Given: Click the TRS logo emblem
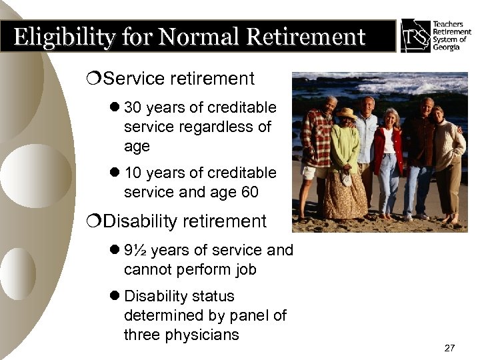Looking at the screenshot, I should (415, 35).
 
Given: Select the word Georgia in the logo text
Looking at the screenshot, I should (447, 49).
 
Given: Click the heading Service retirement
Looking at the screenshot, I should (179, 79).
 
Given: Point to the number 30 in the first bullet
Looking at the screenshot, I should (133, 108).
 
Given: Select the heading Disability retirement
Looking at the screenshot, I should (185, 221).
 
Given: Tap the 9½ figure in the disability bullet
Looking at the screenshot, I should (136, 250).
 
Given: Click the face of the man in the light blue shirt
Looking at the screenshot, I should (367, 105).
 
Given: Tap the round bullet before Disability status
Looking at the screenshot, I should (115, 296).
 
